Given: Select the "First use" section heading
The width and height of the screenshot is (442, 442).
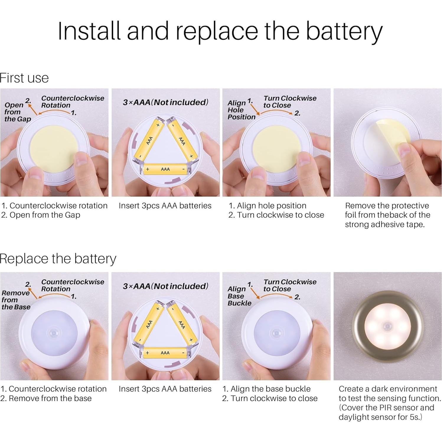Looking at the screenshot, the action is pos(24,78).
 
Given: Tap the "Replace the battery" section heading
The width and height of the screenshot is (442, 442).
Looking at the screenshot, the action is pos(58,259).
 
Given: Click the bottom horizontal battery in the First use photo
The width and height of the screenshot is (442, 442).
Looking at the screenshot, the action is pos(165,169).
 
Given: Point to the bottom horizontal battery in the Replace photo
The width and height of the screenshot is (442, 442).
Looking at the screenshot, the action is pos(165,353).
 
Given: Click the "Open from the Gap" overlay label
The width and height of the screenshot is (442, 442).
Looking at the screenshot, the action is pos(17,112).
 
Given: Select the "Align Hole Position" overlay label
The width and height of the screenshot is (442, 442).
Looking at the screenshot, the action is pos(241,110).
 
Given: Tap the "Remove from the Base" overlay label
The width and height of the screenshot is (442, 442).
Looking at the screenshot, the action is pos(16,300).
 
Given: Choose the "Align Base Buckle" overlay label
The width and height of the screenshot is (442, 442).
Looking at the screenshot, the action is pos(239,296).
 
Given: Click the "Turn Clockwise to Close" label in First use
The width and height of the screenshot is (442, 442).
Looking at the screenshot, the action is pos(290,102).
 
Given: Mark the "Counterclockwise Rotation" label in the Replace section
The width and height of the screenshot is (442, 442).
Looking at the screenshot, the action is pos(73,285).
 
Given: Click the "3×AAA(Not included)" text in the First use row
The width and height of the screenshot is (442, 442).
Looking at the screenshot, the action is pos(166,102).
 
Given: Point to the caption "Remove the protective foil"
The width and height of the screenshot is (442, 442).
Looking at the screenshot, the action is pos(387,210).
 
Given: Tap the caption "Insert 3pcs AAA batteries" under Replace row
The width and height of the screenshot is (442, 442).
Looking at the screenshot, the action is pos(165,389).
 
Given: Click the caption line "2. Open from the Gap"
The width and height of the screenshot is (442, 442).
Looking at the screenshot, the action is pos(41,215).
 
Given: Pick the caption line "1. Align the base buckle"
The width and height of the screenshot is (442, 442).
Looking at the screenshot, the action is pos(267,389).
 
